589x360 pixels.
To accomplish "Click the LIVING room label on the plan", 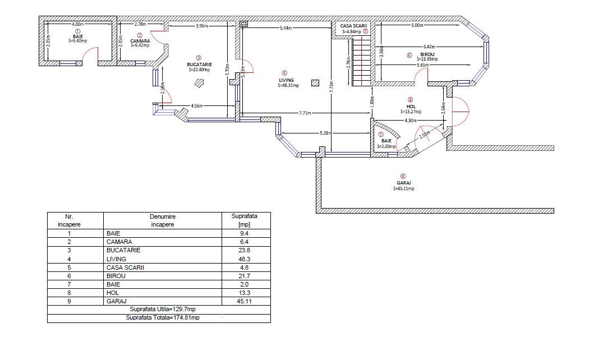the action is click(286, 80).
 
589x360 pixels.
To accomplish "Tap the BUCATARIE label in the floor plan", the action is click(199, 64).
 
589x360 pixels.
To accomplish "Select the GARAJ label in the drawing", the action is click(404, 183).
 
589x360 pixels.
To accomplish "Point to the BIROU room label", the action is click(427, 54).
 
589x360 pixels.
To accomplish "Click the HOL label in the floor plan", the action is click(411, 107).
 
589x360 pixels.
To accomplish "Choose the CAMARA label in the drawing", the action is click(140, 41).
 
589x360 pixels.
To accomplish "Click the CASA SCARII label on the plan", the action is click(353, 26).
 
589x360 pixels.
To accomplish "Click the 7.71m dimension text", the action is click(305, 113).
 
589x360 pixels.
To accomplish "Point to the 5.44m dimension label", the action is click(286, 28).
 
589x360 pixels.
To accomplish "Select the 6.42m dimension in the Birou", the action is click(429, 47).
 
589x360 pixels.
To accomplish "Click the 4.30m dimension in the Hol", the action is click(410, 121).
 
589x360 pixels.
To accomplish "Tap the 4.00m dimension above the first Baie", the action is click(78, 24).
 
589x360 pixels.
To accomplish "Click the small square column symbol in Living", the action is click(315, 83).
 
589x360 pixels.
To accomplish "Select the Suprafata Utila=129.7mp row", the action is click(159, 310).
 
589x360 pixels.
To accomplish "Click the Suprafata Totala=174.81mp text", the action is click(163, 317).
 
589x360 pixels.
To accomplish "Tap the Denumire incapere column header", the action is click(163, 220).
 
